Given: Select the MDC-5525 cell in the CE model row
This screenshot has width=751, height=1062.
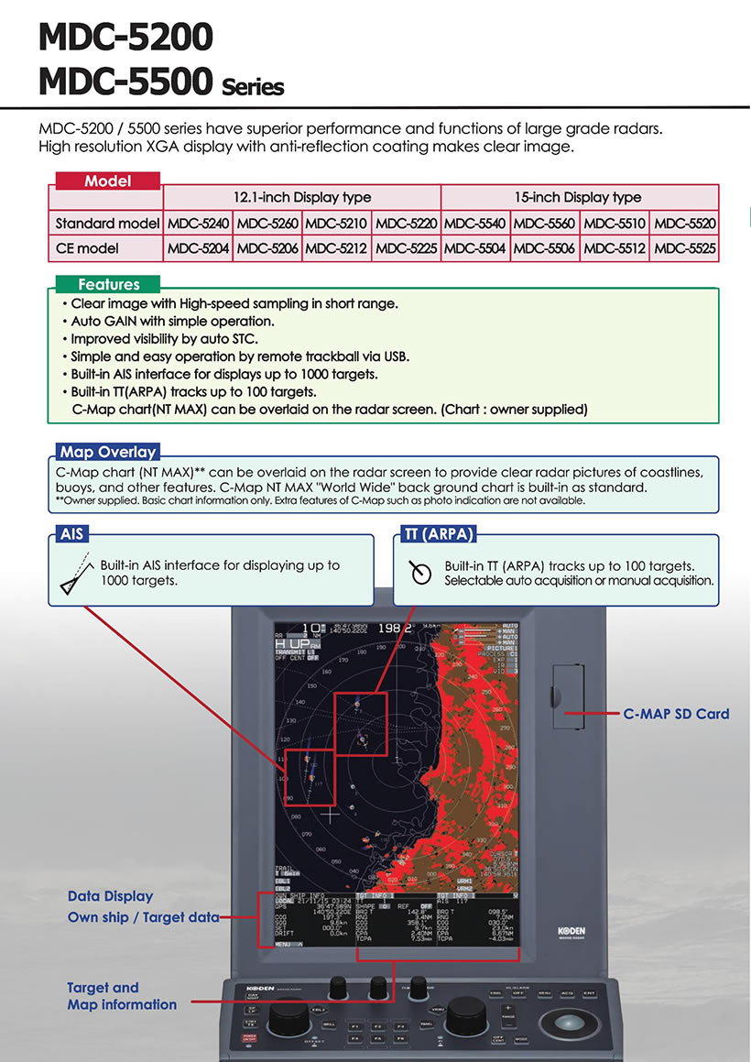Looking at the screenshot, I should point(684,248).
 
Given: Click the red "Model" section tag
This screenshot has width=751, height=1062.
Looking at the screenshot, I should point(108,181).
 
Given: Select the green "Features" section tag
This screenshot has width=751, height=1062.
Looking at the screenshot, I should point(108,284).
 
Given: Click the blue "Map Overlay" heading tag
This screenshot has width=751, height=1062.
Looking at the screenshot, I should point(107,452).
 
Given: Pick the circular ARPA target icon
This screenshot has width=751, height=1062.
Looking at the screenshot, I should point(420,573).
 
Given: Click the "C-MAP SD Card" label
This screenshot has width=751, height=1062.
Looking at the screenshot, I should point(676,714).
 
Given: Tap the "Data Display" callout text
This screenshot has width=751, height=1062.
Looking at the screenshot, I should point(110,896).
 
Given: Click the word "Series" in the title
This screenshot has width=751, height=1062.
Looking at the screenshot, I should point(253,88).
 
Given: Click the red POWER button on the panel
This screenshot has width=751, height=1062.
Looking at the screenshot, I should point(248,1038).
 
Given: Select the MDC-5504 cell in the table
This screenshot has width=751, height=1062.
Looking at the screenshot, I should point(475,248).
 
